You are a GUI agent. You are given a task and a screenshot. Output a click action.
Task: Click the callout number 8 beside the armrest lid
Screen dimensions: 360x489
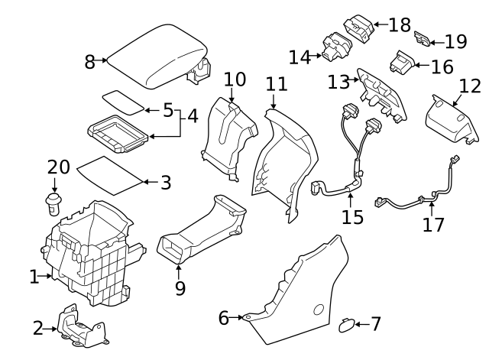pos(90,62)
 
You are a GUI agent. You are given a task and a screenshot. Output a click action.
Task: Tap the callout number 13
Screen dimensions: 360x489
pos(338,80)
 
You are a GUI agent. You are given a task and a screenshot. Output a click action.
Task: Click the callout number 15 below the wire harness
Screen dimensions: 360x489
pos(352,217)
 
